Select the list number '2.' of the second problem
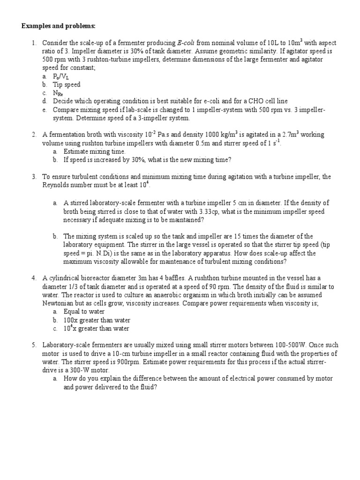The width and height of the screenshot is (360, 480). tap(34, 135)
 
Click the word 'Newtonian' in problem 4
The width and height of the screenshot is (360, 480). tap(59, 303)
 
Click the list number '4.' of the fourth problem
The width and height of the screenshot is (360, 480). tap(34, 278)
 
